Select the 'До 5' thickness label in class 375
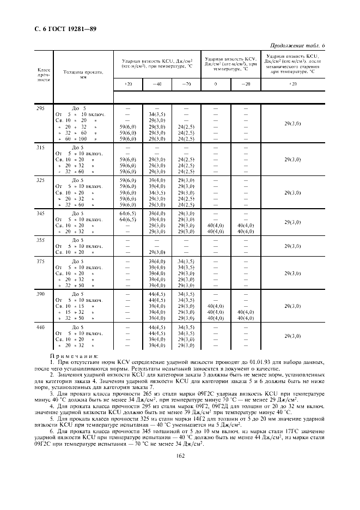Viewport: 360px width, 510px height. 80,262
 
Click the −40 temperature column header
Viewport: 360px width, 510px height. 157,84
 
